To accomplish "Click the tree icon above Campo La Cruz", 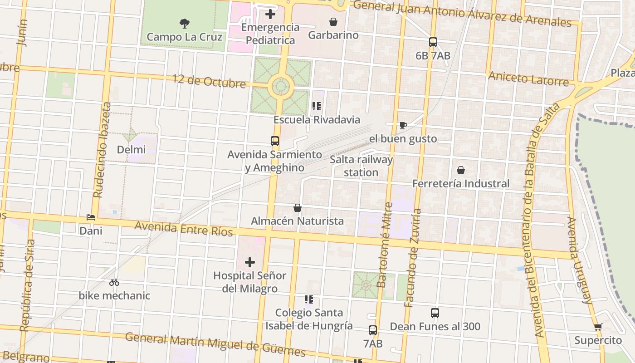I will pyautogui.click(x=184, y=23).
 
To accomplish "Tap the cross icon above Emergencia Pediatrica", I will pyautogui.click(x=270, y=14).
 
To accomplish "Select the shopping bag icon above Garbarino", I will pyautogui.click(x=333, y=22).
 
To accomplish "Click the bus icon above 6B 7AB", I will pyautogui.click(x=433, y=42).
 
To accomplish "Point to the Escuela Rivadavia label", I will pyautogui.click(x=317, y=120).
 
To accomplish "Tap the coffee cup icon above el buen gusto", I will pyautogui.click(x=403, y=126).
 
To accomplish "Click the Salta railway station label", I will pyautogui.click(x=361, y=166).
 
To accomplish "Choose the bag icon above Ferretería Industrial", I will pyautogui.click(x=461, y=170).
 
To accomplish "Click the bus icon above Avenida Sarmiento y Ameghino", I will pyautogui.click(x=275, y=141).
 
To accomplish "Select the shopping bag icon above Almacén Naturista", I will pyautogui.click(x=298, y=208).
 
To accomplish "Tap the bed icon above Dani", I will pyautogui.click(x=91, y=218).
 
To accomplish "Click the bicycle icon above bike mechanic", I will pyautogui.click(x=114, y=282).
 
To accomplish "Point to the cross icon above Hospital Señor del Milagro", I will pyautogui.click(x=250, y=262).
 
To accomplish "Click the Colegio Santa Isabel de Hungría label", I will pyautogui.click(x=309, y=319).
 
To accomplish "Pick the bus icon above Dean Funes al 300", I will pyautogui.click(x=435, y=313).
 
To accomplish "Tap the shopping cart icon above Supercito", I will pyautogui.click(x=598, y=327).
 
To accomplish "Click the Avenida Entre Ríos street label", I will pyautogui.click(x=184, y=229).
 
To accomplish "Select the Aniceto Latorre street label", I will pyautogui.click(x=528, y=79).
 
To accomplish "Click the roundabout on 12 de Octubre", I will pyautogui.click(x=280, y=86).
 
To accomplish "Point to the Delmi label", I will pyautogui.click(x=131, y=150).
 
